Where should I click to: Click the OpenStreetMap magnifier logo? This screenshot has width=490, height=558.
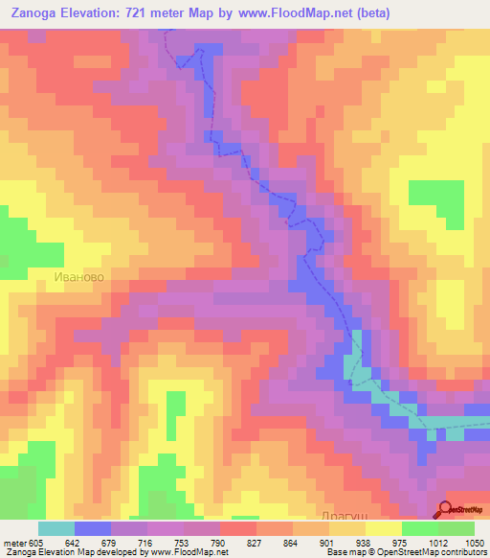446,510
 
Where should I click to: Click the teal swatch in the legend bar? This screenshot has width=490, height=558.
56,528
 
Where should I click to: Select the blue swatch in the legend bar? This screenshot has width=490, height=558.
92,528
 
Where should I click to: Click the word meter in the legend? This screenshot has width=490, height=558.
12,544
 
